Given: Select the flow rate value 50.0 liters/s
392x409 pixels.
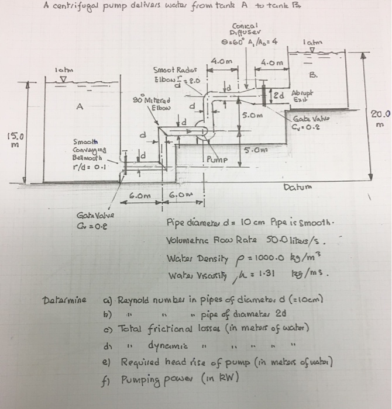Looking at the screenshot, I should (290, 240).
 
